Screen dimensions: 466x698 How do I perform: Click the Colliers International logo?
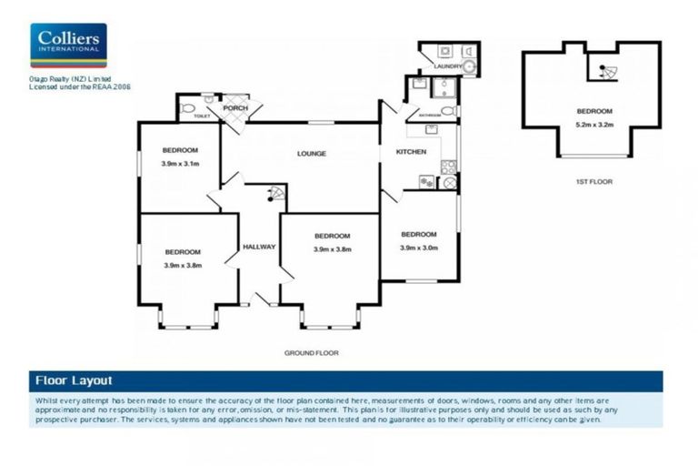(x=68, y=45)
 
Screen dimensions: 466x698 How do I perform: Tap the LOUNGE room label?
(x=311, y=154)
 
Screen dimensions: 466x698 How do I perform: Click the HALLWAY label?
(x=258, y=248)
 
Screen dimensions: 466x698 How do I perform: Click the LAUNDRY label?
(x=447, y=66)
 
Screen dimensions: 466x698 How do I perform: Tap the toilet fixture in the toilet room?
(x=188, y=109)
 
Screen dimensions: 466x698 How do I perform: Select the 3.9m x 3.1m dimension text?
(x=180, y=164)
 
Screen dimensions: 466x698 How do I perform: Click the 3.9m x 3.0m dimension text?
(x=419, y=247)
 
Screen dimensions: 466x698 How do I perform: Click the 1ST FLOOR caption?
(x=594, y=182)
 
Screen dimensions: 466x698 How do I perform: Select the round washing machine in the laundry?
(x=470, y=66)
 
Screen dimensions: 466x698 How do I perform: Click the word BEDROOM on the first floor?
(x=587, y=112)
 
